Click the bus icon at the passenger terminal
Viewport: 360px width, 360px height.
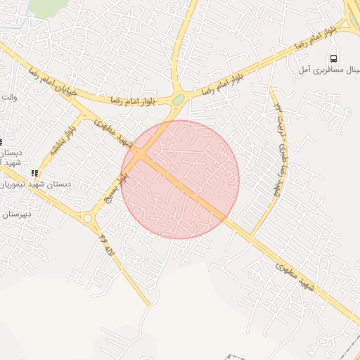point(335,58)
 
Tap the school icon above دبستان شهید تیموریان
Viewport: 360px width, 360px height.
point(34,173)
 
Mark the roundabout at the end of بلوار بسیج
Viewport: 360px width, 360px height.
point(89,219)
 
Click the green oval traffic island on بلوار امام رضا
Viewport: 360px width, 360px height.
point(179,100)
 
